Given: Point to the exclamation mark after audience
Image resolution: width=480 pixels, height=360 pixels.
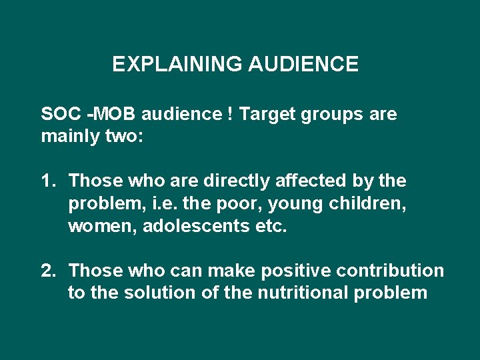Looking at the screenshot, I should point(229,114).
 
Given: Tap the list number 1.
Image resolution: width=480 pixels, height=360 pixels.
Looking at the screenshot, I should point(47,181).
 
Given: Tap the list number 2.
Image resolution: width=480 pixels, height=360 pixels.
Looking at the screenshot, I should point(47,270).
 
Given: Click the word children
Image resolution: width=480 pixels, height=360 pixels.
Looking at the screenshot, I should point(373,203).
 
